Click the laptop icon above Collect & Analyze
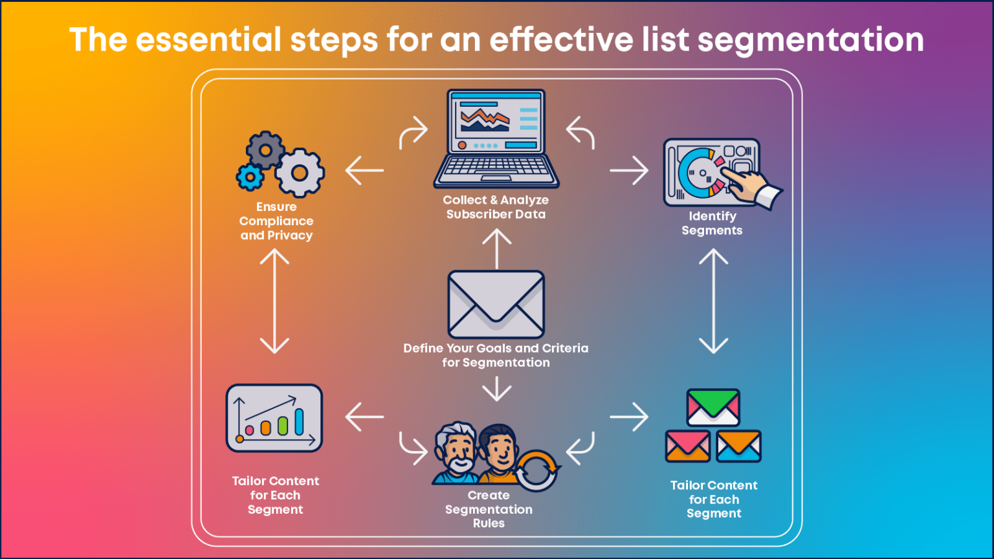point(496,139)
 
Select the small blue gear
point(250,176)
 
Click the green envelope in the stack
point(713,406)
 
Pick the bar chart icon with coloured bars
point(274,418)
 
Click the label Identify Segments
point(712,223)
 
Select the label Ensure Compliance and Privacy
point(276,221)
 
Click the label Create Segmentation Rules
point(489,509)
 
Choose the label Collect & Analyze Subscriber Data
point(496,207)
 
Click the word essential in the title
point(210,40)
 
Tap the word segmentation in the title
point(811,40)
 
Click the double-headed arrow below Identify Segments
point(714,301)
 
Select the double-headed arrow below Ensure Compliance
point(274,301)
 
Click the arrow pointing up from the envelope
point(496,249)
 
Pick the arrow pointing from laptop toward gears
point(364,171)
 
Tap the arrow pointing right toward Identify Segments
point(629,171)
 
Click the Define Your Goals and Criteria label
point(496,355)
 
